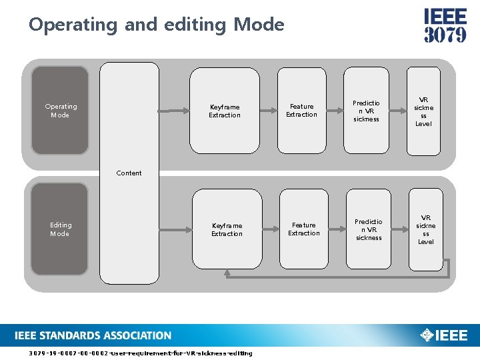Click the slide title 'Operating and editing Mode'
pyautogui.click(x=157, y=25)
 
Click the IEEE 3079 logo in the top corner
pyautogui.click(x=445, y=26)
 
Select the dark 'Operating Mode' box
pyautogui.click(x=60, y=111)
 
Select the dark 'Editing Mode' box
pyautogui.click(x=60, y=229)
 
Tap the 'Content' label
pyautogui.click(x=129, y=173)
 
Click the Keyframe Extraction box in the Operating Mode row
pyautogui.click(x=225, y=111)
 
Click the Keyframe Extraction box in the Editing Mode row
pyautogui.click(x=227, y=229)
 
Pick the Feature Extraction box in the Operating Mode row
pyautogui.click(x=301, y=111)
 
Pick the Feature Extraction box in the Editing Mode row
pyautogui.click(x=304, y=229)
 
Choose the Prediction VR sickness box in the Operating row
pyautogui.click(x=366, y=111)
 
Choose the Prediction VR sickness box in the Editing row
pyautogui.click(x=369, y=229)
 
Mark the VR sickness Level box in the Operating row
pyautogui.click(x=423, y=111)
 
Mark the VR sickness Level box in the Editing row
pyautogui.click(x=426, y=229)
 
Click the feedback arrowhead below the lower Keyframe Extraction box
pyautogui.click(x=227, y=273)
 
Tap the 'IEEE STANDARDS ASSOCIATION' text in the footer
pyautogui.click(x=93, y=335)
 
